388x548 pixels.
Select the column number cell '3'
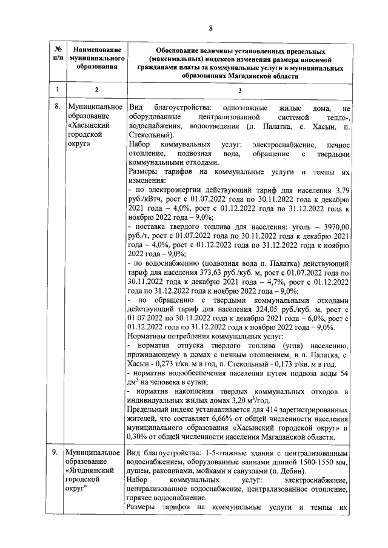tap(239, 90)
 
